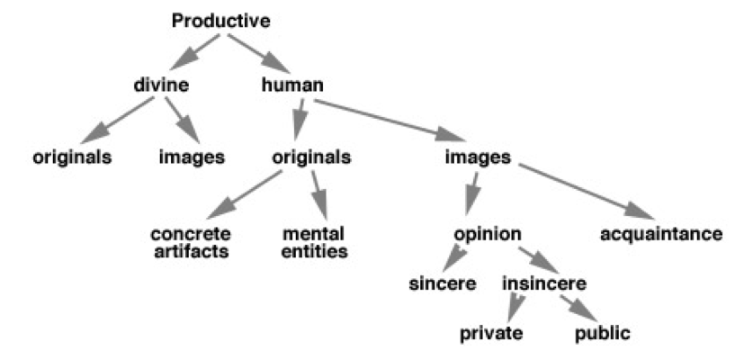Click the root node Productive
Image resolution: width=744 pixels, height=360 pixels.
point(221,20)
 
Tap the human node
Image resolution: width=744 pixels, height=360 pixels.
point(292,86)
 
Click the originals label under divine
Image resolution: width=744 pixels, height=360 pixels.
point(72,157)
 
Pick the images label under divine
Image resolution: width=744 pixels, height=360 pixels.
point(191,157)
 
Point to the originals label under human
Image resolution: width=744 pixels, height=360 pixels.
point(311,157)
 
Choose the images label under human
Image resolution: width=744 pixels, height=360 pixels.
point(478,157)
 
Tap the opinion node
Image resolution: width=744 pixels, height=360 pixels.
point(488,234)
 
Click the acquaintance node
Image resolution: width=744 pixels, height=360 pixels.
point(661,235)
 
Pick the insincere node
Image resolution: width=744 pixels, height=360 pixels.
point(544,285)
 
